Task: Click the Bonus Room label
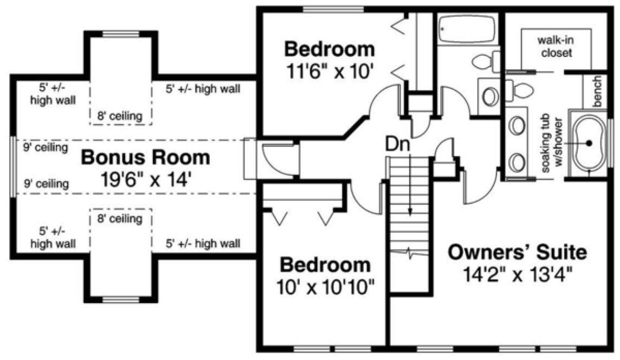click(x=145, y=158)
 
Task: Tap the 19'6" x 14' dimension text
click(x=145, y=178)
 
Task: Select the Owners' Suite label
click(x=518, y=252)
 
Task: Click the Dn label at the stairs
click(x=398, y=145)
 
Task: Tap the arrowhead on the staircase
click(x=410, y=211)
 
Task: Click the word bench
click(x=598, y=91)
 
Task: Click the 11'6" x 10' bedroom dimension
click(x=330, y=70)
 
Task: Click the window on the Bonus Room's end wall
click(x=13, y=165)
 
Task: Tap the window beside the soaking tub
click(x=609, y=143)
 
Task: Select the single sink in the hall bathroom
click(x=490, y=97)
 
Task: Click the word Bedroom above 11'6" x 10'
click(x=330, y=49)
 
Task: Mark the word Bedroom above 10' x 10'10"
click(x=325, y=265)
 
